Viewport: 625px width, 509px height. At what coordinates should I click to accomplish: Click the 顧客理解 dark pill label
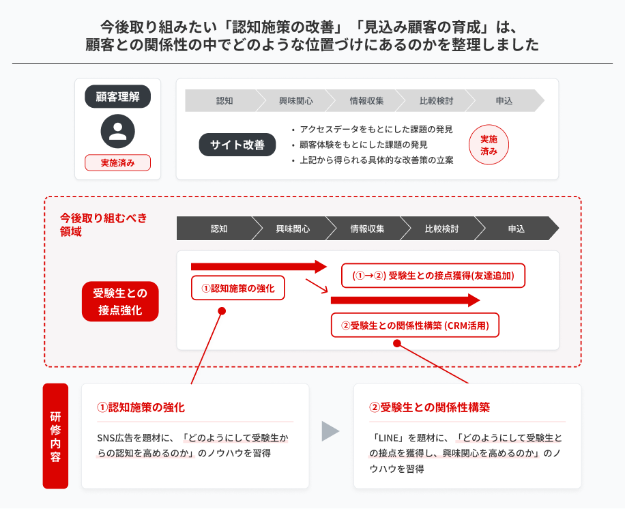117,96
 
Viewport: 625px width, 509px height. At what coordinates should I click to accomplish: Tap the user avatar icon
117,131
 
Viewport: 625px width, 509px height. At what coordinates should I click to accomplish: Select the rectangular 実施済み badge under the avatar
117,162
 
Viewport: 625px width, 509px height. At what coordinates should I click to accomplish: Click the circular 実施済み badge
489,145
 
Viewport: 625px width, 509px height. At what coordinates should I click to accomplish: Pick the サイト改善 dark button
237,144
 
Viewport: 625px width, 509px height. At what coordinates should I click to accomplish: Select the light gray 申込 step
505,101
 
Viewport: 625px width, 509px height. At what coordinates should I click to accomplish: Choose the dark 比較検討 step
441,229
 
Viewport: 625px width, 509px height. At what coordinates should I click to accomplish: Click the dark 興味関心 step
293,229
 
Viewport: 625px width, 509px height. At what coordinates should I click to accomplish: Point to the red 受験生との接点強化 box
120,302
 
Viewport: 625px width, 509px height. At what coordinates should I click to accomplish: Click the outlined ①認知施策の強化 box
238,288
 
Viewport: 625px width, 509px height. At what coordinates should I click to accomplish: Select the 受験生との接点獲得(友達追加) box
433,276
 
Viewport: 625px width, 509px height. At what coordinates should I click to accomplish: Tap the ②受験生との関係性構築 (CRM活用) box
415,325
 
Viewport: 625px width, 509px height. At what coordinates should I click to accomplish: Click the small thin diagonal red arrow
317,286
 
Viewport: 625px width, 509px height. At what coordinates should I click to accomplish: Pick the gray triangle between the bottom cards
330,431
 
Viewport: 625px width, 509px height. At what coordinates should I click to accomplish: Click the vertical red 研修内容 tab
55,436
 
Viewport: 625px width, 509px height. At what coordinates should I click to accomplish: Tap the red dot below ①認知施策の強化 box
222,311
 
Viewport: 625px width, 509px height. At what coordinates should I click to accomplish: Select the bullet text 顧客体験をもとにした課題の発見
364,145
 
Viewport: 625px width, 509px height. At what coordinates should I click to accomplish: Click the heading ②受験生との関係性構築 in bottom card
429,407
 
